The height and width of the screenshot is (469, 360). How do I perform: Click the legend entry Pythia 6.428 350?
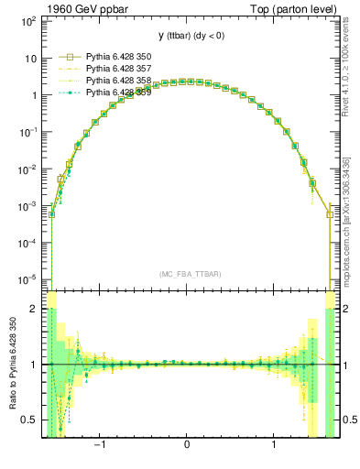tap(117, 56)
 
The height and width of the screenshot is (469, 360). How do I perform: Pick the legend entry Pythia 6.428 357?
tap(117, 69)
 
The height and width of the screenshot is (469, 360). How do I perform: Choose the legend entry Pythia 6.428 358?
tap(117, 81)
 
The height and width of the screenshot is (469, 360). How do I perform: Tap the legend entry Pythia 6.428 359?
tap(117, 93)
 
